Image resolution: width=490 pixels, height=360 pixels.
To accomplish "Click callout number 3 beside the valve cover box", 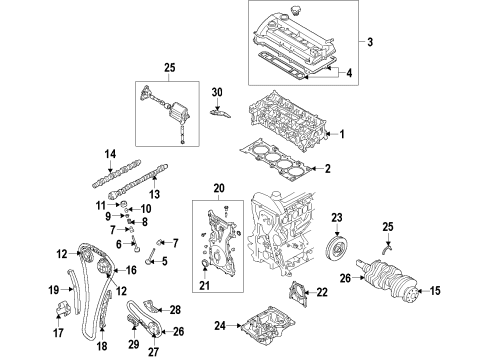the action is point(370,42).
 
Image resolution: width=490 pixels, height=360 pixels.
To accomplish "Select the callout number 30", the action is point(217,92).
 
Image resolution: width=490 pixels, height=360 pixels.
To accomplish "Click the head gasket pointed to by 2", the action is point(276,160).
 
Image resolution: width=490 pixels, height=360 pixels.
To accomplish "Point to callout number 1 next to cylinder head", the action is point(342,134).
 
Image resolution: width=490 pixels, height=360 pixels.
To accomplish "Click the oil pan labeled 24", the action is point(268,325).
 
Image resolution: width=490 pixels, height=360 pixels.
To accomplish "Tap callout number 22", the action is point(322,292).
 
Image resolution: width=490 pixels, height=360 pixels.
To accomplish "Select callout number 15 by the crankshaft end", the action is point(435,291).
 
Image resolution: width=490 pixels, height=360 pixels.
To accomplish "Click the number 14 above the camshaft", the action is point(110,154).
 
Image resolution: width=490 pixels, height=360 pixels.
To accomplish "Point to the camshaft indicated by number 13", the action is point(138,181).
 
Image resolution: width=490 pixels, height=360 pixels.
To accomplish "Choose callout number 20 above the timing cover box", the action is point(219,188).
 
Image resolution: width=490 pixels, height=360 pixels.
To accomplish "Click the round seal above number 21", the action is point(205,265).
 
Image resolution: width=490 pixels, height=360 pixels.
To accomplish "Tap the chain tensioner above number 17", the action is point(61,308).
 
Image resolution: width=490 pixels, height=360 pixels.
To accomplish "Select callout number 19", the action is point(54,290).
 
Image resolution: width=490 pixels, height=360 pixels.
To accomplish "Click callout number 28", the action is point(175,310).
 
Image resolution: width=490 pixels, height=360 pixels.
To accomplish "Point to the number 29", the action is point(134,344).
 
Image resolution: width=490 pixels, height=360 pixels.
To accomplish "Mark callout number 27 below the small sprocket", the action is point(153,351).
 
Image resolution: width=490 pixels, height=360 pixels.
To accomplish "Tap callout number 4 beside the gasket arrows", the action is point(349,73).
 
